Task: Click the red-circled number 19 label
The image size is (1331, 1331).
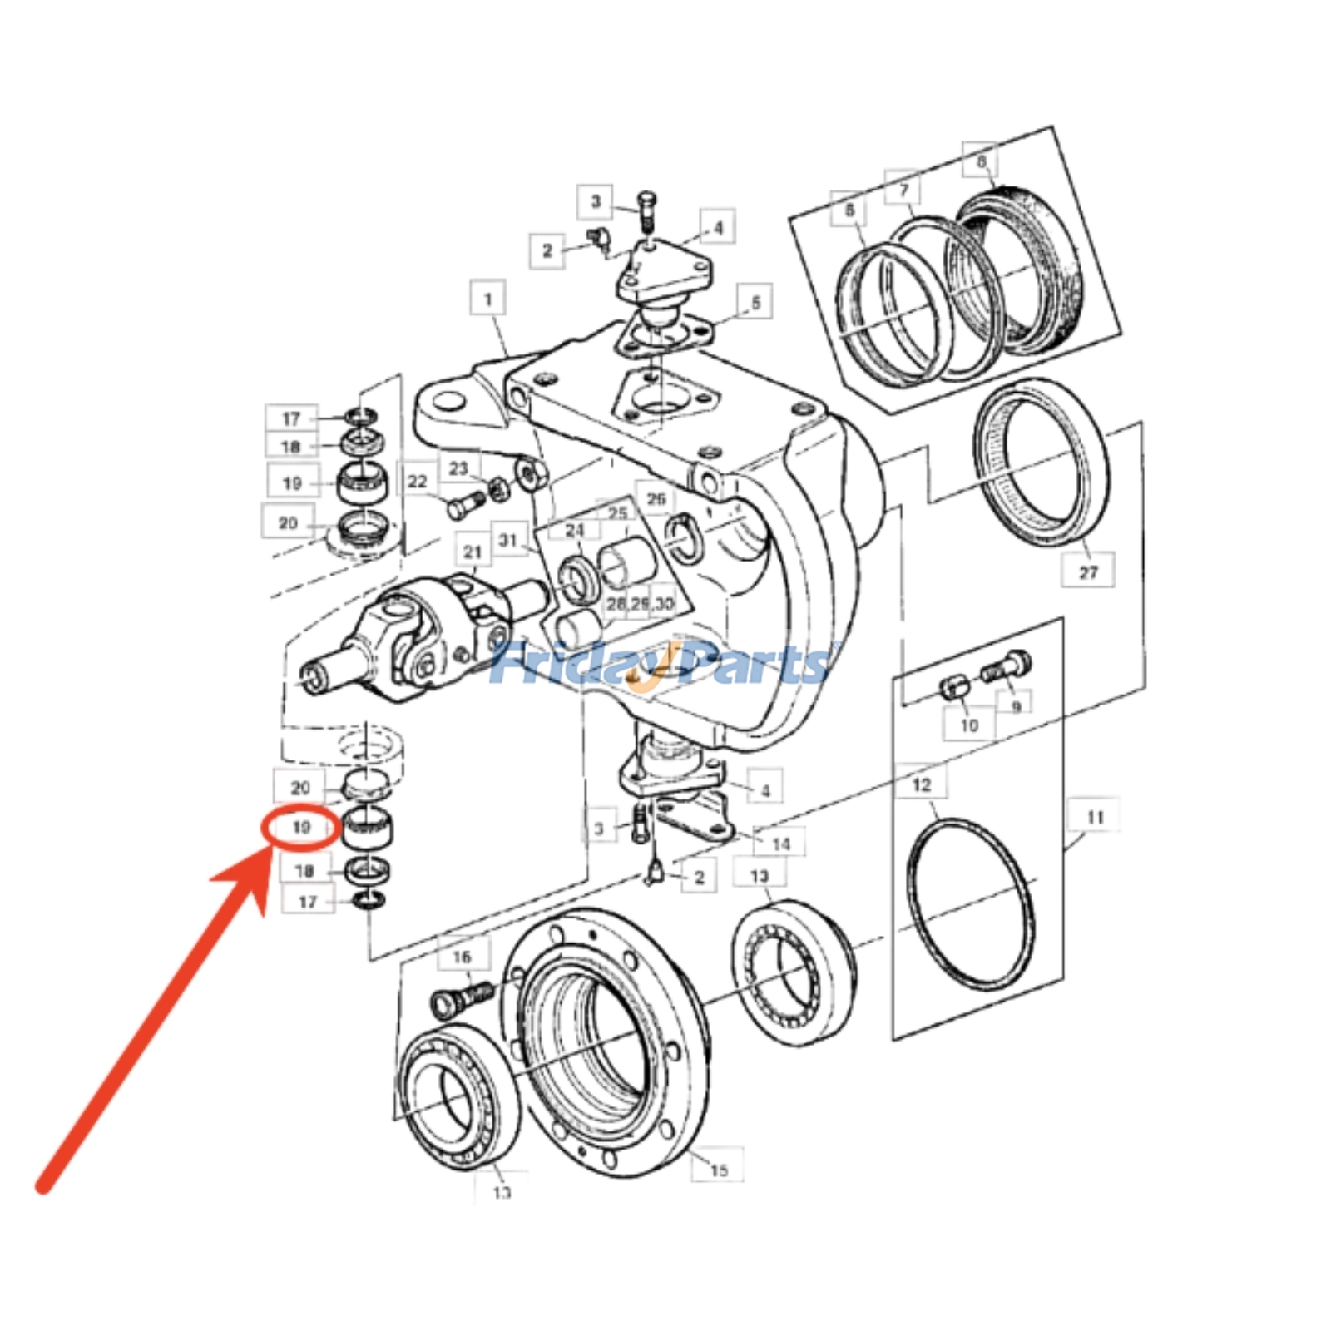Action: [x=300, y=828]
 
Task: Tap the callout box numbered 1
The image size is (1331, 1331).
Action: [x=488, y=299]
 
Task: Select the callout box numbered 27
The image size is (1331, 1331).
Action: [x=1088, y=571]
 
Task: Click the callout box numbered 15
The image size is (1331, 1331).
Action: [x=718, y=1170]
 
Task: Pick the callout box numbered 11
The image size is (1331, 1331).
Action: [x=1094, y=817]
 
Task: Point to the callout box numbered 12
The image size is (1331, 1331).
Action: [x=921, y=784]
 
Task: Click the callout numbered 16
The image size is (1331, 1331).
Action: [x=462, y=957]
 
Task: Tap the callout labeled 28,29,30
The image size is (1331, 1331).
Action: [x=640, y=603]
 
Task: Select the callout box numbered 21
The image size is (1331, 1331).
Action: [x=473, y=552]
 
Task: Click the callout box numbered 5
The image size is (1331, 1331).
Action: [x=755, y=302]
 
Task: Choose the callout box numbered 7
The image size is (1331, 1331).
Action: [x=903, y=190]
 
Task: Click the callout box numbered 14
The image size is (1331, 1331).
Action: [x=780, y=844]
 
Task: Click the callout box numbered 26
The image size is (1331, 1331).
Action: [x=656, y=498]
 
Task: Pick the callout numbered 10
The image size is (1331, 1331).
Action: [x=968, y=725]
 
